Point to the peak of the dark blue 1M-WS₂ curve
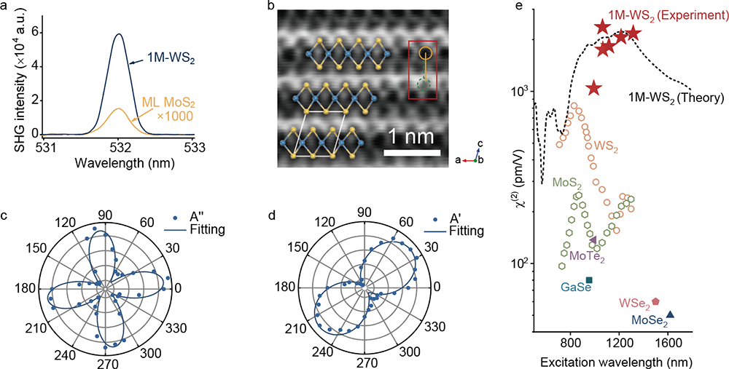point(119,33)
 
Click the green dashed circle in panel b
point(424,84)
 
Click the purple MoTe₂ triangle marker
point(592,239)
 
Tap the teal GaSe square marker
point(589,280)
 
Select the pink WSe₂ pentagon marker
point(655,301)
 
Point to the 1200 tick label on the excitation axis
point(619,346)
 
